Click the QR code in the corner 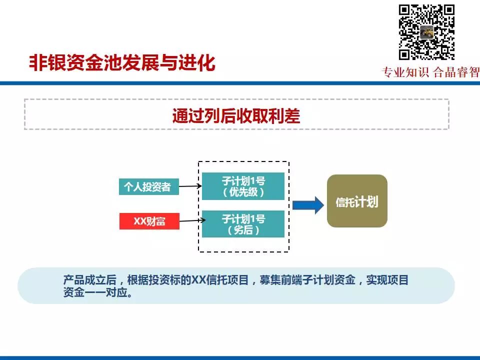click(x=426, y=31)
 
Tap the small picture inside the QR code click(x=427, y=32)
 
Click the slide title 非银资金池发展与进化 click(x=122, y=63)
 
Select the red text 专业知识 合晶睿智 click(x=430, y=72)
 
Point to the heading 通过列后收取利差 click(x=236, y=116)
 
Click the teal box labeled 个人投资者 click(x=149, y=187)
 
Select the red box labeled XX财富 click(x=149, y=221)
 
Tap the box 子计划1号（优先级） click(x=243, y=186)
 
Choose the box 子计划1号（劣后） click(x=243, y=224)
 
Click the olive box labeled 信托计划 click(x=357, y=201)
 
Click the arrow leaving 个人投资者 click(x=190, y=186)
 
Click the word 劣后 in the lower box click(x=243, y=230)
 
